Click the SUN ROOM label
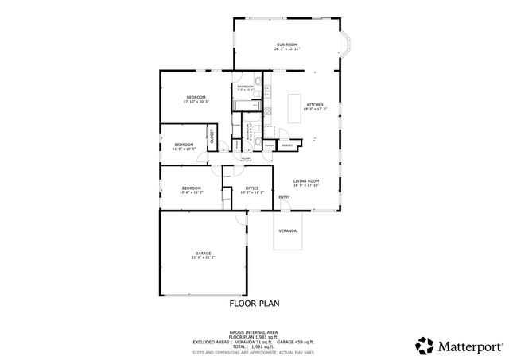(x=287, y=44)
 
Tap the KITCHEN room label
(x=315, y=105)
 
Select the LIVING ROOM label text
(x=305, y=181)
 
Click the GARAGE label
(x=203, y=254)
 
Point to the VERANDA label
(x=287, y=231)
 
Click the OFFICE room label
(x=251, y=188)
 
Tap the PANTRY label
(x=287, y=145)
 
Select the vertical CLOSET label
(x=212, y=137)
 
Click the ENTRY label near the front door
(x=284, y=197)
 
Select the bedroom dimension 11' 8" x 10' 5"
(x=184, y=149)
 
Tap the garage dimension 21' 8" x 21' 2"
(x=203, y=258)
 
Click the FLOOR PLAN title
(x=254, y=303)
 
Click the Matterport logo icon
(x=425, y=345)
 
